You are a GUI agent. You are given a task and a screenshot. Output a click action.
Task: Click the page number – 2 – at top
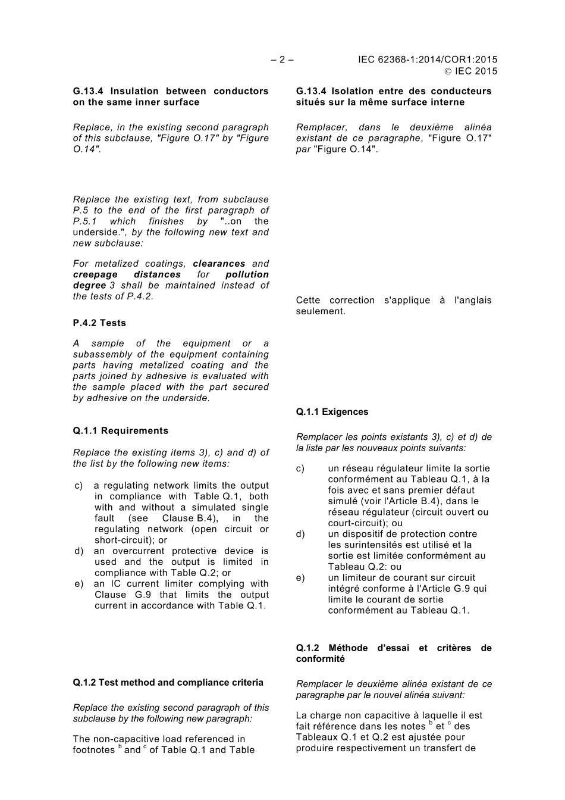click(x=282, y=60)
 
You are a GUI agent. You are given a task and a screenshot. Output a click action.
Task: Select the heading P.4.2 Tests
click(x=99, y=323)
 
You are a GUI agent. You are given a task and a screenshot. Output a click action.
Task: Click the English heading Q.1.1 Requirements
click(x=121, y=431)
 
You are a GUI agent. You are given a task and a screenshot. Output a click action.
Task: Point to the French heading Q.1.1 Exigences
click(x=332, y=412)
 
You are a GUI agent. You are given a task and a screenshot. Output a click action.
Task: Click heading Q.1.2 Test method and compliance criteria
click(x=168, y=683)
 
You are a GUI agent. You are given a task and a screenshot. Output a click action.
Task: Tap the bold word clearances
click(x=219, y=264)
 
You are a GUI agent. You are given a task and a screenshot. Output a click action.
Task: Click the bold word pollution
click(x=247, y=274)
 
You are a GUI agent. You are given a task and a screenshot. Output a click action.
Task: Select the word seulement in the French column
click(x=321, y=311)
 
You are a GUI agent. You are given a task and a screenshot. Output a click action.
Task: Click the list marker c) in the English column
click(x=79, y=486)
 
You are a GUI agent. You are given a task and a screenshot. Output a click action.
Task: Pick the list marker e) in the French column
click(x=300, y=578)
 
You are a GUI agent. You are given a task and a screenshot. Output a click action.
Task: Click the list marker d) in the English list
click(x=79, y=551)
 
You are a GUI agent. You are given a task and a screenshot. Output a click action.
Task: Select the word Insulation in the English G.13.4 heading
click(x=134, y=91)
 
